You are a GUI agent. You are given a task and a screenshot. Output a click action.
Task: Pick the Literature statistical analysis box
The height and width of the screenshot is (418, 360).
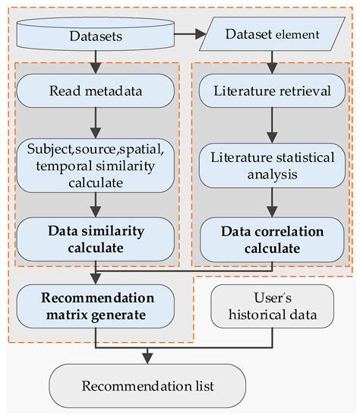[271, 166]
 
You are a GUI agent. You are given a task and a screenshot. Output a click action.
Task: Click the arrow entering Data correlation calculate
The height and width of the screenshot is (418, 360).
[271, 201]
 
